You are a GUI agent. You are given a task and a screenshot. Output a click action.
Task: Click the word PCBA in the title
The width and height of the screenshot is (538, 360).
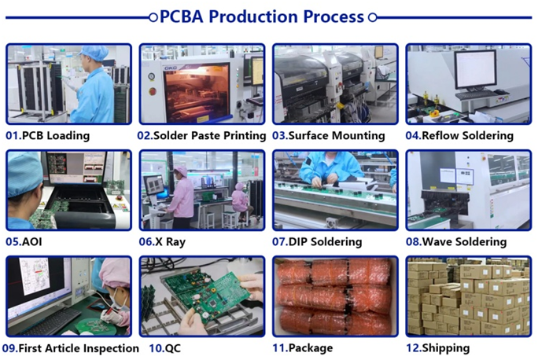pos(181,17)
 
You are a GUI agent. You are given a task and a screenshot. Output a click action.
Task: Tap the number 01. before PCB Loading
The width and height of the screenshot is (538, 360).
pos(13,135)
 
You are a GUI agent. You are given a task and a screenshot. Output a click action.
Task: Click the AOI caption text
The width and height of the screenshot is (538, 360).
pos(32,242)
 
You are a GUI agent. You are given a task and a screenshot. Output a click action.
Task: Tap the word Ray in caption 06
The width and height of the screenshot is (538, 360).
pos(175,242)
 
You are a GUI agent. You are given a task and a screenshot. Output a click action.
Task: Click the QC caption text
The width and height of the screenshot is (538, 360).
pos(172,348)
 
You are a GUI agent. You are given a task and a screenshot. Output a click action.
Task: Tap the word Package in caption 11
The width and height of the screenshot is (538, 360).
pos(311,348)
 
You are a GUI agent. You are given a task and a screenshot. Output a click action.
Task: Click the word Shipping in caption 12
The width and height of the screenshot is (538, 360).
pos(446,348)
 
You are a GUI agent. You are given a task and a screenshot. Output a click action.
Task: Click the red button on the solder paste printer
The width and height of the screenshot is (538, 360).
pos(153,91)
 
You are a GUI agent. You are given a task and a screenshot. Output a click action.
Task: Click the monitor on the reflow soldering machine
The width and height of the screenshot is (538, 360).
pos(476,70)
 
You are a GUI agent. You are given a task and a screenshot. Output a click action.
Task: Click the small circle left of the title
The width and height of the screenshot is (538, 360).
pos(153,17)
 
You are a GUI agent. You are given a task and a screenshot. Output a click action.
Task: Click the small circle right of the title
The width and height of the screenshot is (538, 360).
pos(373,17)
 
